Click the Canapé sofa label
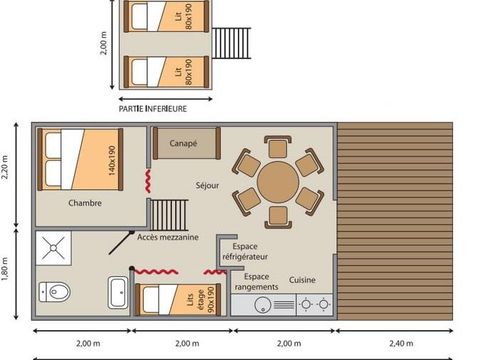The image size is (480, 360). [183, 143]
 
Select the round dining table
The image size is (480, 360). [277, 183]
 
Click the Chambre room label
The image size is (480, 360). [85, 203]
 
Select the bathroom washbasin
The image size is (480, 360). [117, 293]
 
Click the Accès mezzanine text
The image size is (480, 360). [167, 237]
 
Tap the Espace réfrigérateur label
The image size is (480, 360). [252, 251]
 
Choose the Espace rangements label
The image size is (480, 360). [256, 282]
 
